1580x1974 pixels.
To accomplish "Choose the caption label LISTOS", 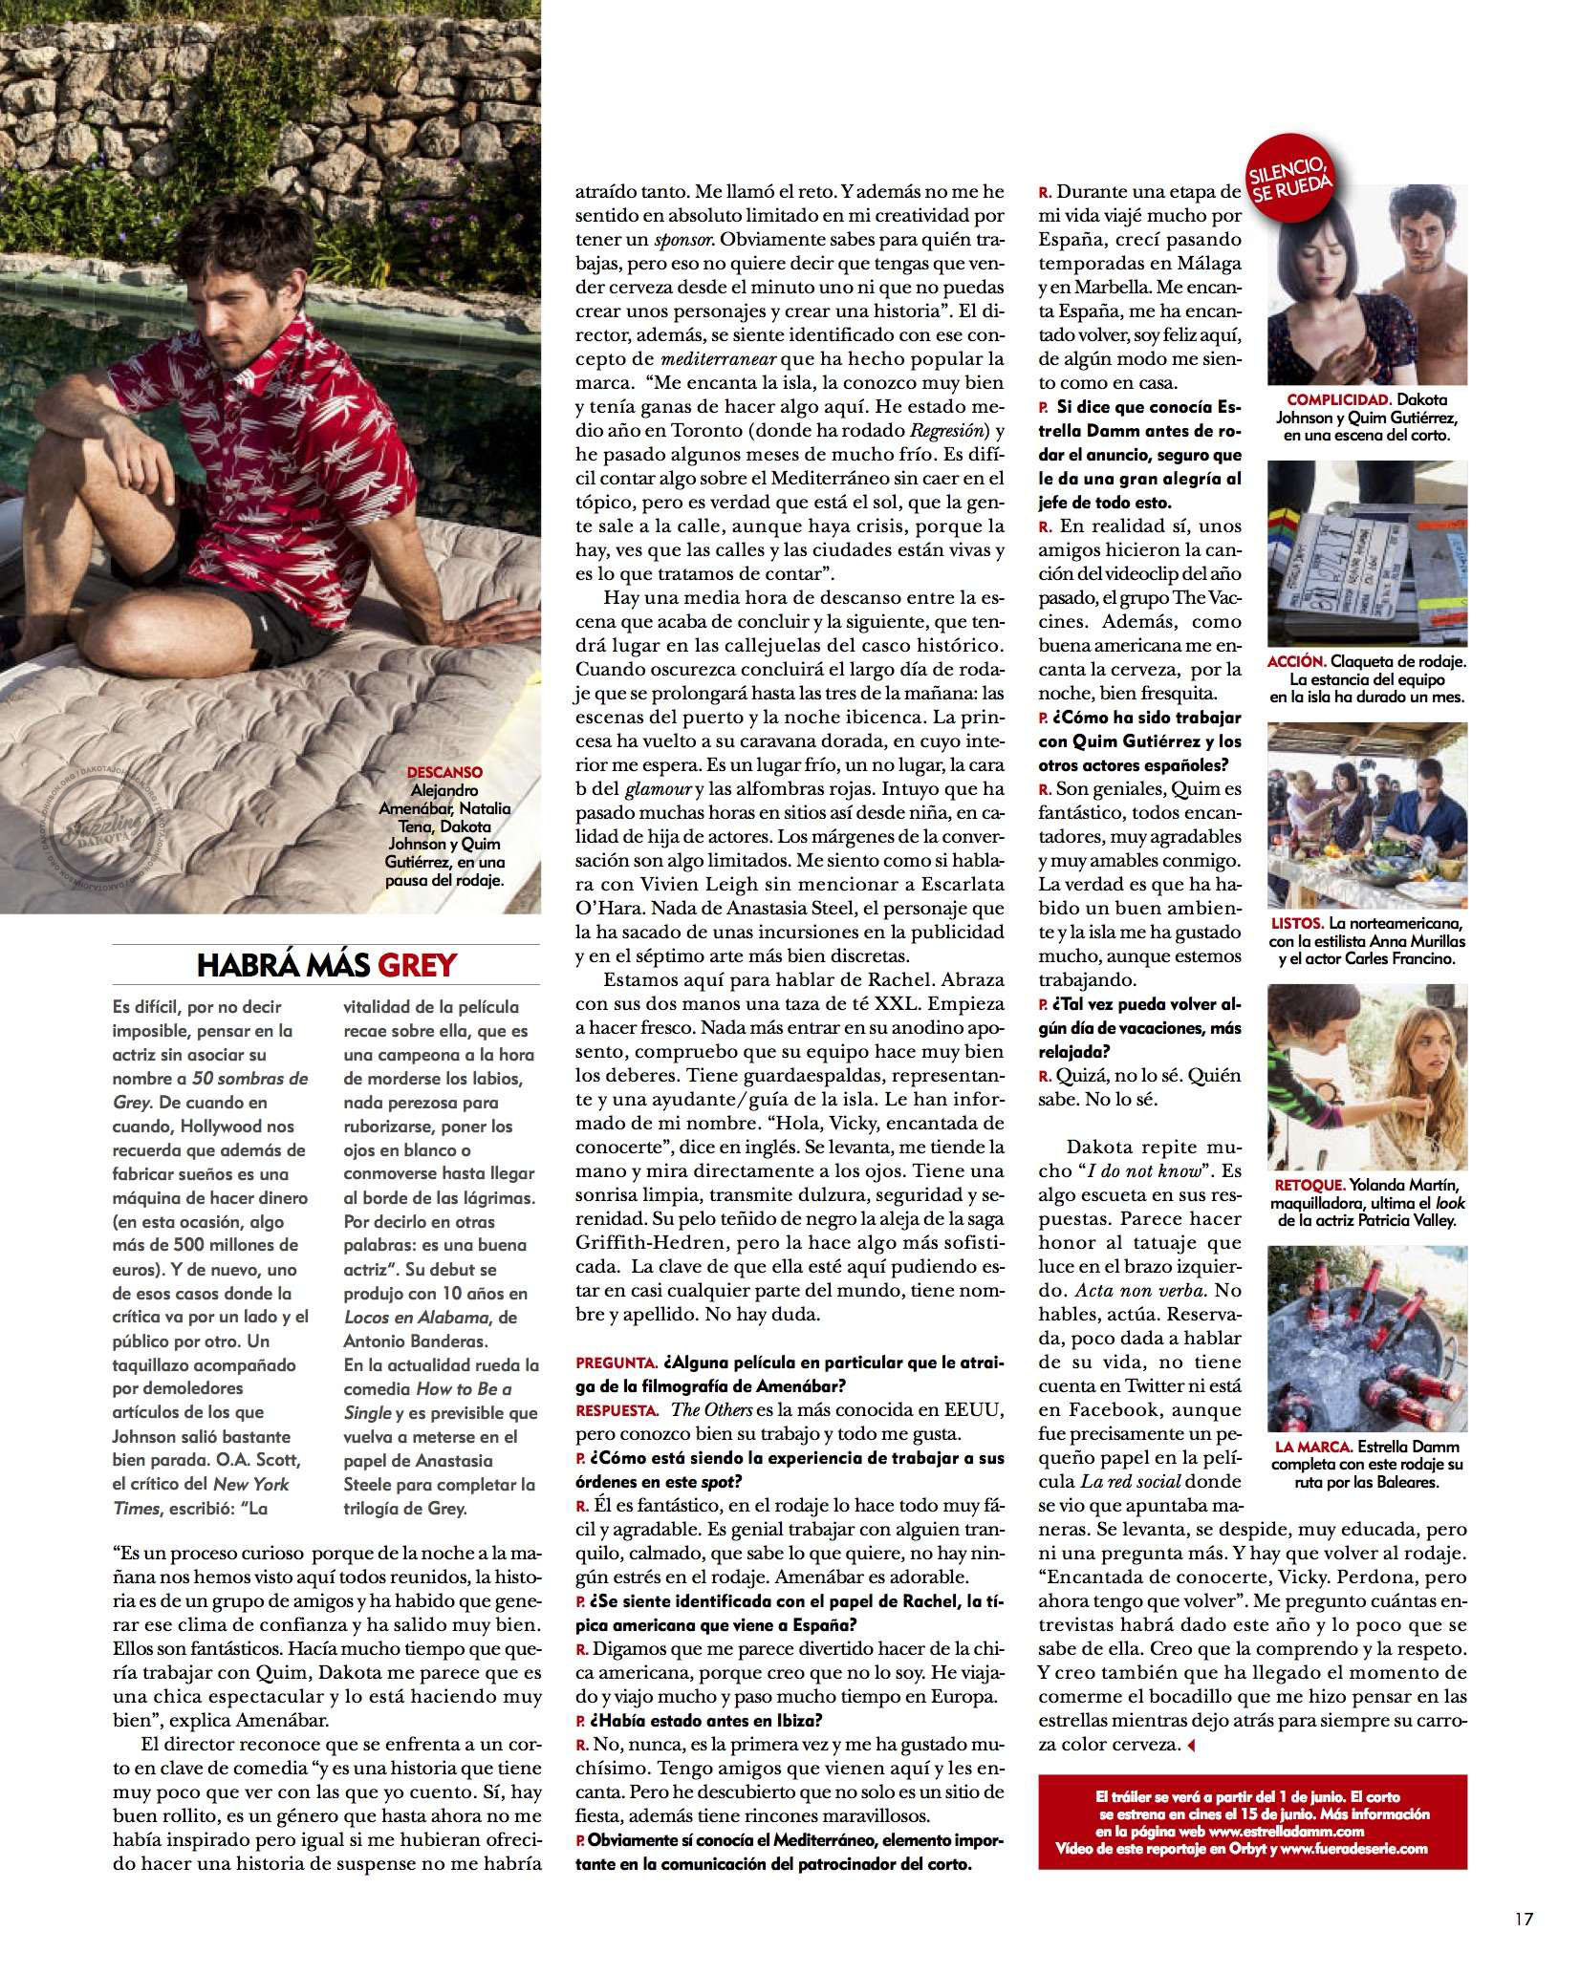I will click(x=1298, y=924).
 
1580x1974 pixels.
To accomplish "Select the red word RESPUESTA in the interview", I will click(x=617, y=1409).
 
